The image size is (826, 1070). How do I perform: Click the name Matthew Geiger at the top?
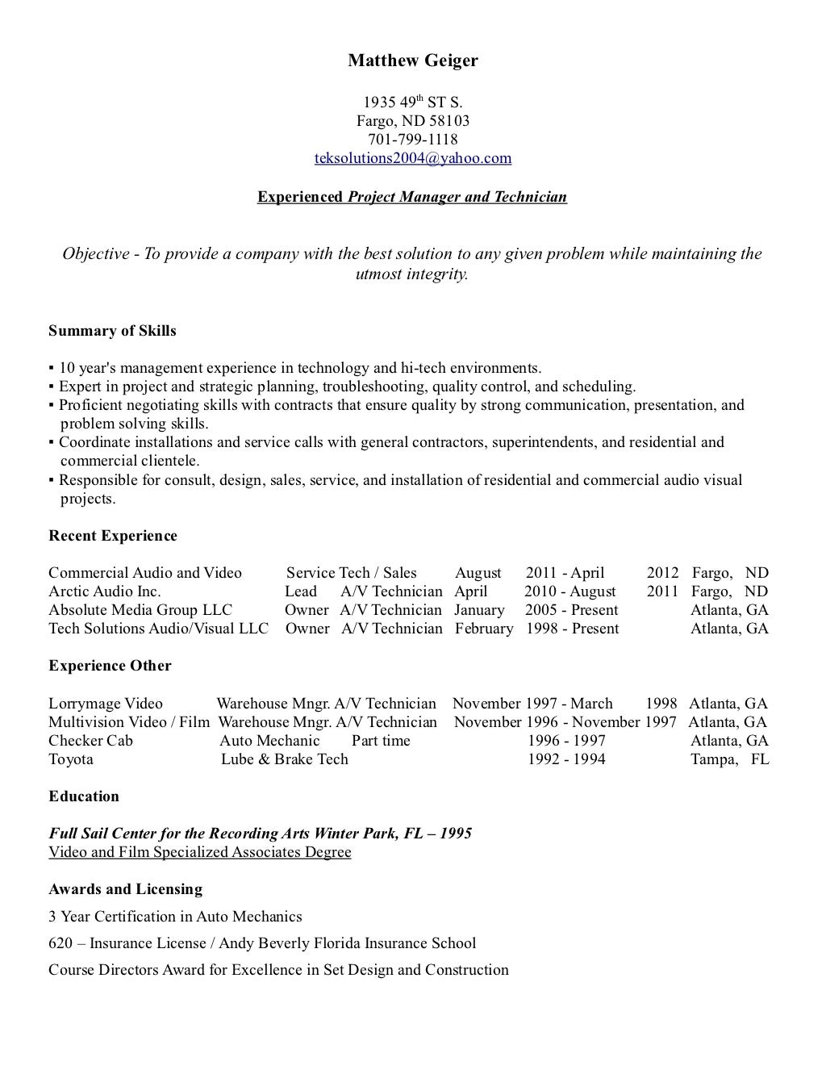[x=412, y=61]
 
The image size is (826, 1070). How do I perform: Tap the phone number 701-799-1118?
[x=412, y=140]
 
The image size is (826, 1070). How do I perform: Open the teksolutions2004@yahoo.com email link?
[x=412, y=158]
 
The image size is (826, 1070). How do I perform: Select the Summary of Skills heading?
[x=112, y=331]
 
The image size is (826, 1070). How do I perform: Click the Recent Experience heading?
[x=113, y=536]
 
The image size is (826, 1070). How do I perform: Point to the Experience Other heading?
[x=110, y=666]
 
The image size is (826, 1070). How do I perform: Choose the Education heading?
[x=84, y=796]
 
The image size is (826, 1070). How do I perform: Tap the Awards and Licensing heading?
[x=125, y=889]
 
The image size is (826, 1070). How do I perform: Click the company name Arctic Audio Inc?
[x=105, y=591]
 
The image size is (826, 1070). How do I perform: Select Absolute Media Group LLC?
[x=140, y=610]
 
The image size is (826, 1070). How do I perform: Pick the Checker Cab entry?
[x=90, y=741]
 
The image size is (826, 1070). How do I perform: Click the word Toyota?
[x=71, y=759]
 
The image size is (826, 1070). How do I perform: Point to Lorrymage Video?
[x=106, y=704]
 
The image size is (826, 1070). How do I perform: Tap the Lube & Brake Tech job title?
[x=285, y=759]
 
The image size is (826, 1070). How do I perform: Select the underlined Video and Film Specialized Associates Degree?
[x=200, y=852]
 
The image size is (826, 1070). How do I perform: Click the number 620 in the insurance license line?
[x=60, y=943]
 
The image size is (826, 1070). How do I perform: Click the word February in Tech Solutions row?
[x=484, y=629]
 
